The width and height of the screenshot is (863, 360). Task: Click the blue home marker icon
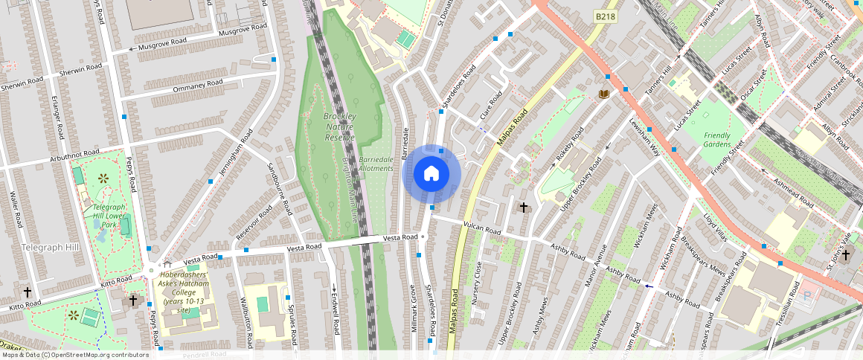[431, 174]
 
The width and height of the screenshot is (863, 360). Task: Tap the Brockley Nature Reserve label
[340, 127]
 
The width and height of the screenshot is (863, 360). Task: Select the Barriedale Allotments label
[376, 164]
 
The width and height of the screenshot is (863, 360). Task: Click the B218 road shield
[605, 16]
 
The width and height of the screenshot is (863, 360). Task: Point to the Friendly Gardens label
[717, 141]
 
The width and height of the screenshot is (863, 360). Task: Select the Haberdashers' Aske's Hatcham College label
[184, 292]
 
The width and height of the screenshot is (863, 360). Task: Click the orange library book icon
[604, 94]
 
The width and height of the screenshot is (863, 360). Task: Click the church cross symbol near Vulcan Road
[524, 208]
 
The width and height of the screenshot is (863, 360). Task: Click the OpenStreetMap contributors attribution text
[76, 355]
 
